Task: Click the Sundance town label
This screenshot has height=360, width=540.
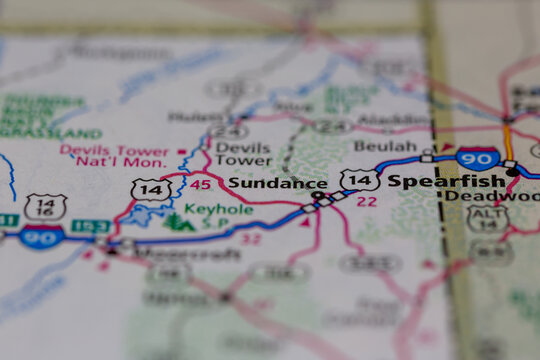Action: [277, 183]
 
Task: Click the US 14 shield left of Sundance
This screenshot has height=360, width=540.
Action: [150, 189]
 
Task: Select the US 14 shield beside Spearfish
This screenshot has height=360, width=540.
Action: [359, 180]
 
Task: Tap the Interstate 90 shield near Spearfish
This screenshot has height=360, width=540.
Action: [478, 158]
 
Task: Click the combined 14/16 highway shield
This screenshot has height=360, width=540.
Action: [44, 208]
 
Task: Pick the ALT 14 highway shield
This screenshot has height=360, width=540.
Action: [487, 219]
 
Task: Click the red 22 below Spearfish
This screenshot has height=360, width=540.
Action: [367, 200]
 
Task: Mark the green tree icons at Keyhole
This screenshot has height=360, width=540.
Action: [177, 221]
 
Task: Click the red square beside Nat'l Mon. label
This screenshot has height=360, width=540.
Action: [181, 151]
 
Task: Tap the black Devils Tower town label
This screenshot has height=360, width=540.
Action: [243, 153]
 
